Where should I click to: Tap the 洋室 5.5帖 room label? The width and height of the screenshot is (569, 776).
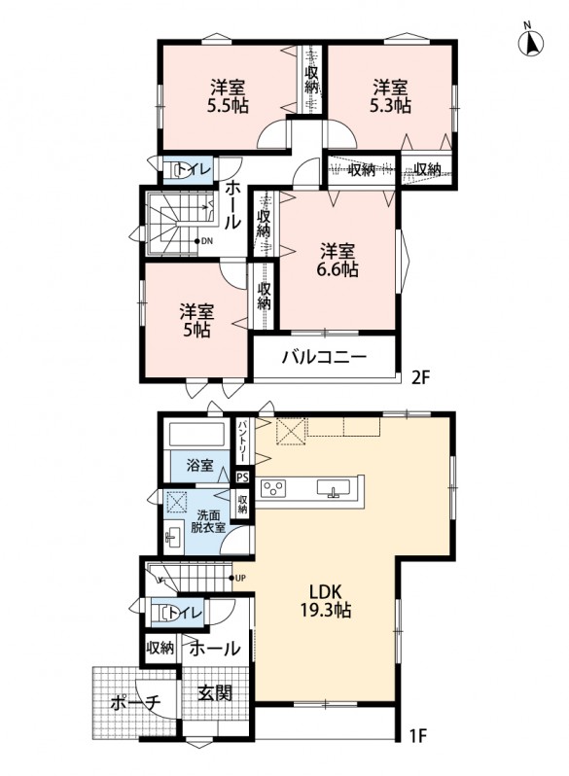tap(228, 97)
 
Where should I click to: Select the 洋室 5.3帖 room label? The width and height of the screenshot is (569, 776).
tap(390, 97)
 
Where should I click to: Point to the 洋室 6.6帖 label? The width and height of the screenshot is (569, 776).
tap(338, 261)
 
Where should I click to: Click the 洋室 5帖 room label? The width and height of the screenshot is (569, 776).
tap(196, 321)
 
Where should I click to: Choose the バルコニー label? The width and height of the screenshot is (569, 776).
tap(324, 357)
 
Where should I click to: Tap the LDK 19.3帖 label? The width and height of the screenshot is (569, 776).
tap(326, 601)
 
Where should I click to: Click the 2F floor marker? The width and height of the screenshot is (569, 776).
tap(422, 378)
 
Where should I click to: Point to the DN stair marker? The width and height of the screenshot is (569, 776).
tap(204, 241)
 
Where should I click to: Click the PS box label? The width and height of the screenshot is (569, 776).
tap(242, 477)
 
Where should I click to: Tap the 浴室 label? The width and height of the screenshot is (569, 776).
tap(200, 465)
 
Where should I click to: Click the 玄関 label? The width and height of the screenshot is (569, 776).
tap(215, 692)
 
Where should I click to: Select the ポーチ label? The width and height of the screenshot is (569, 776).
tap(136, 703)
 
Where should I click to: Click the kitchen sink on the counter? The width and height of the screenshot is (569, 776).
tap(334, 488)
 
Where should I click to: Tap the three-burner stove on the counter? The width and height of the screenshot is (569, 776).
tap(272, 488)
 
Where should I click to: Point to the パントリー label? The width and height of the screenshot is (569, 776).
tap(243, 441)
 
